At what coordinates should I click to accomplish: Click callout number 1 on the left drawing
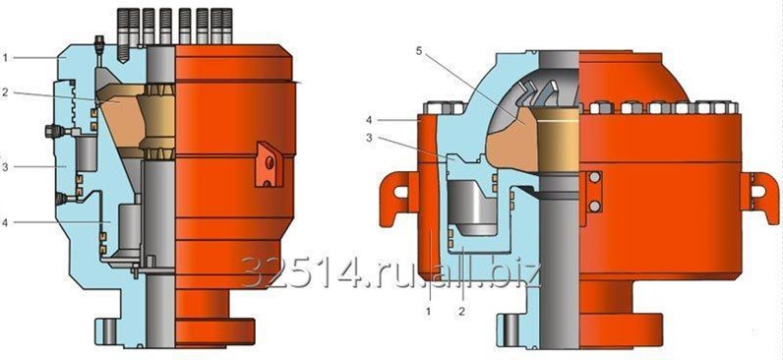tap(5, 58)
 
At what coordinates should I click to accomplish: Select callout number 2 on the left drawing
tap(5, 92)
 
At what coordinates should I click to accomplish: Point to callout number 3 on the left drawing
tap(5, 167)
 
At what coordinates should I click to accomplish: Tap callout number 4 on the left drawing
tap(5, 223)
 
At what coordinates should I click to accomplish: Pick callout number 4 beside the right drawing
tap(368, 120)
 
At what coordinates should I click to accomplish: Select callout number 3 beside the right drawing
tap(370, 139)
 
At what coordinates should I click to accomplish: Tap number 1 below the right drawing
tap(428, 312)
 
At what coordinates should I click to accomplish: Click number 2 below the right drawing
tap(462, 312)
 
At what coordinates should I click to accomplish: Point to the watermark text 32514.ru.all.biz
tap(391, 273)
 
